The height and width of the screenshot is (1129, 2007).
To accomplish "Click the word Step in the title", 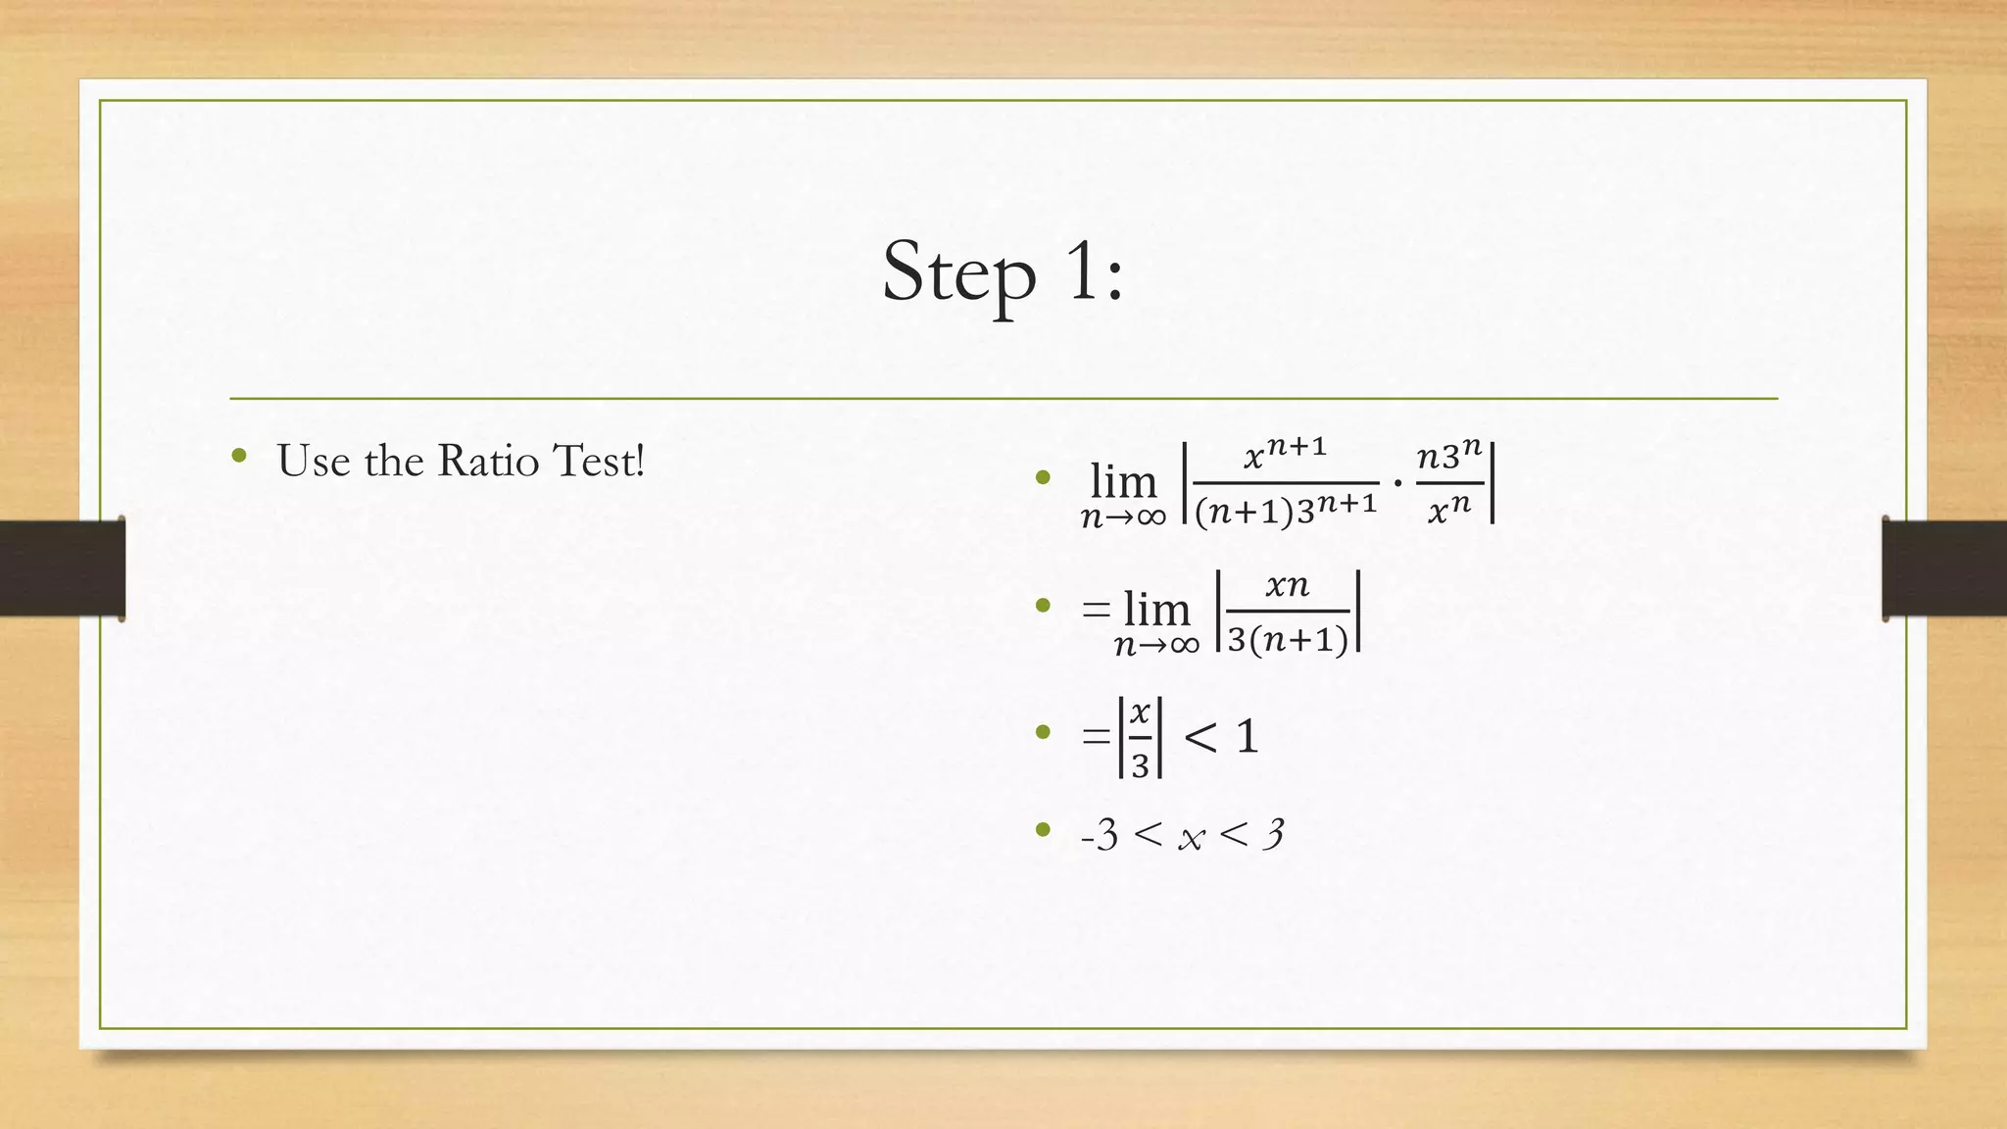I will (958, 272).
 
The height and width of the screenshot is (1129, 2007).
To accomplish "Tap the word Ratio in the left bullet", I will (488, 461).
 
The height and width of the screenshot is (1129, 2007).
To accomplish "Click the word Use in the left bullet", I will (313, 461).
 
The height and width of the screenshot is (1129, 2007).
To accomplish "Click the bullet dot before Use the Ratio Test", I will (238, 456).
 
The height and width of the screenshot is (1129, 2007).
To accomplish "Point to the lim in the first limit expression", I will (1123, 482).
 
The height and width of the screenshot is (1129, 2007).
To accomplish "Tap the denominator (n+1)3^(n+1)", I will (1286, 509).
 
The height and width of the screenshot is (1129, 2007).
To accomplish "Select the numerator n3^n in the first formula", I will (1448, 455).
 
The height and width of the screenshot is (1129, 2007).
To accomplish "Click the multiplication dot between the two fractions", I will (1397, 483).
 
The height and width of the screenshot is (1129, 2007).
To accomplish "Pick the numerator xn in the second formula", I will (1287, 586).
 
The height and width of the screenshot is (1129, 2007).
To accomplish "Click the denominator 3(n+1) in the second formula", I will (1288, 640).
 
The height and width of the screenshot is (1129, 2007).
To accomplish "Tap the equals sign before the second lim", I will (1096, 610).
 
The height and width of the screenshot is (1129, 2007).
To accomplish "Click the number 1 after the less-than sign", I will (1247, 736).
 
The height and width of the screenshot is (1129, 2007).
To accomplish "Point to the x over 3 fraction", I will (1140, 738).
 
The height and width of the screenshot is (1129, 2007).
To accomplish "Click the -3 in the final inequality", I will (1100, 835).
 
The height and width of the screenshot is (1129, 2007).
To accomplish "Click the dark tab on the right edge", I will (1943, 568).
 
